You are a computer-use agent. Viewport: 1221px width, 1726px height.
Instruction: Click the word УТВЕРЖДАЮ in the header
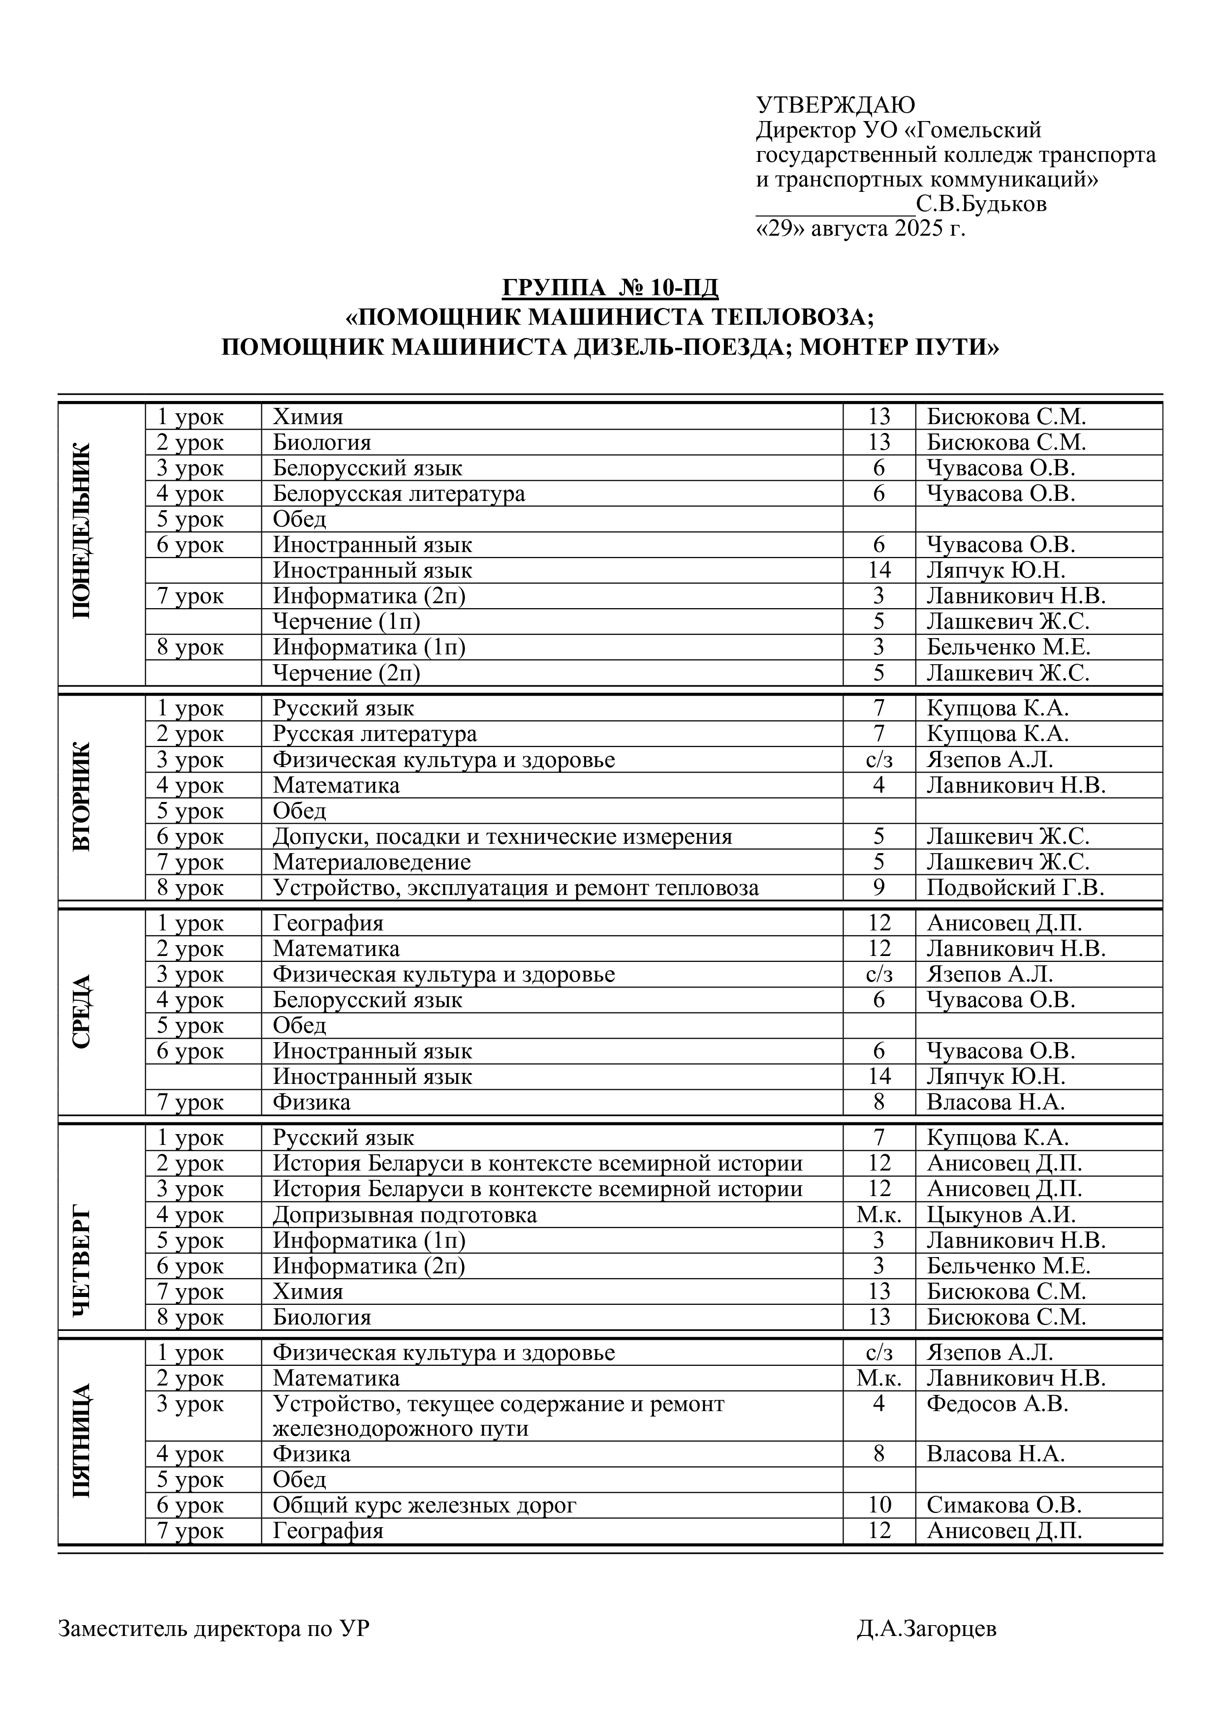point(835,105)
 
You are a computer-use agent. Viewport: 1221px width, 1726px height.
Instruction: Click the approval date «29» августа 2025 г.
point(860,228)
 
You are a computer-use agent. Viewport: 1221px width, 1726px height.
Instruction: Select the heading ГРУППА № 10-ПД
point(610,288)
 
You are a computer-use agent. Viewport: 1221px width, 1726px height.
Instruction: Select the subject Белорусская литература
point(399,494)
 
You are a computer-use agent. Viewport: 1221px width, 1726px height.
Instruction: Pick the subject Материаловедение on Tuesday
point(372,862)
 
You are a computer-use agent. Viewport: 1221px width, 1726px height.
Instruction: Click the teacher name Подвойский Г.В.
point(1015,888)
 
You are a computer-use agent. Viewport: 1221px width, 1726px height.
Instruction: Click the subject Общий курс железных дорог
point(424,1505)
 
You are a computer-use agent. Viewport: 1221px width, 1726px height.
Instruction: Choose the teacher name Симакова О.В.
point(1003,1505)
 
